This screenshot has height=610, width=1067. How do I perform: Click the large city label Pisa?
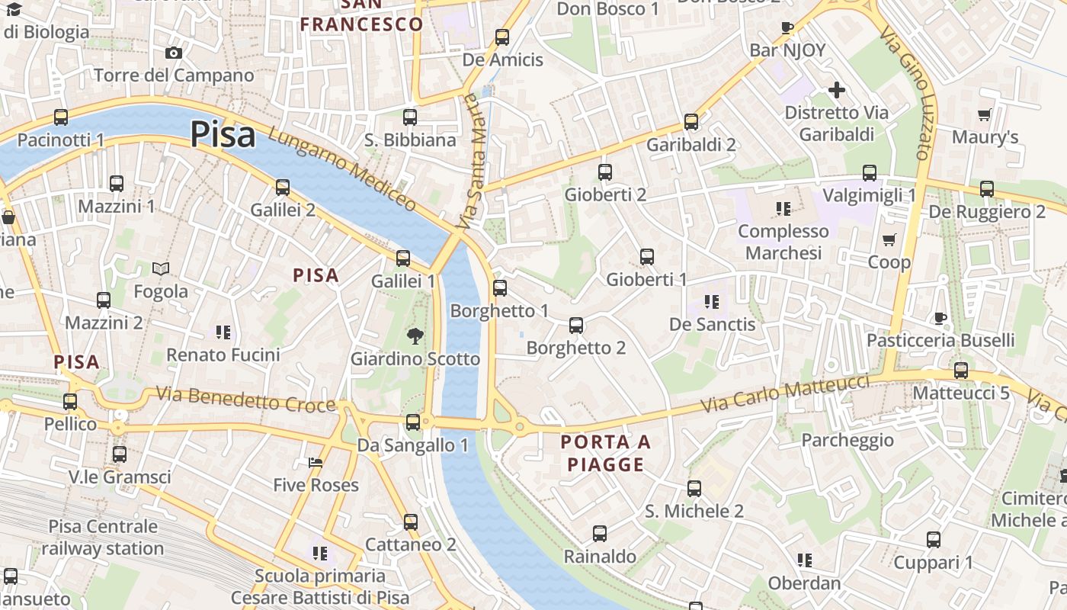click(223, 134)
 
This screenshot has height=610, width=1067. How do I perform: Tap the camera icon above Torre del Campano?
click(174, 53)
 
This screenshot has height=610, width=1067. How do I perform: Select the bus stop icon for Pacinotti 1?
click(61, 117)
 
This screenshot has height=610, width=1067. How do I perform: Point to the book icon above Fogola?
click(161, 268)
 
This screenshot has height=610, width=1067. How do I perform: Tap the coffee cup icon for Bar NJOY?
click(787, 28)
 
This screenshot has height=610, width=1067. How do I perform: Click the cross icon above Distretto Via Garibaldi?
click(837, 90)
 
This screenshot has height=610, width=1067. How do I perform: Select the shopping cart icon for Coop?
click(889, 240)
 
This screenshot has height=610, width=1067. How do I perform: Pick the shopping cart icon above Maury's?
click(984, 115)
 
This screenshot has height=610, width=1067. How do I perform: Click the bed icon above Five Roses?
click(316, 462)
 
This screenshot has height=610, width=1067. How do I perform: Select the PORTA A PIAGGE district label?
click(606, 453)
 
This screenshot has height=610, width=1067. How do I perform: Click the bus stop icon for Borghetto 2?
click(576, 326)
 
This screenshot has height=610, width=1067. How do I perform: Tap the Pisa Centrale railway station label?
click(103, 537)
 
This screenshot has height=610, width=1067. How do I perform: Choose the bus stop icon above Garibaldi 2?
click(691, 121)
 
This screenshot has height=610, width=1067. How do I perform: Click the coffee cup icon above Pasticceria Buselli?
click(940, 317)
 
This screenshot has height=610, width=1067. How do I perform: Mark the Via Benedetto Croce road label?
click(245, 400)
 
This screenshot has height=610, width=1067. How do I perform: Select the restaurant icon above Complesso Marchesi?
click(783, 208)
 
